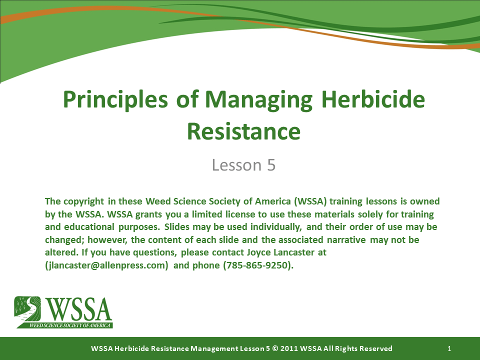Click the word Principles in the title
coord(115,99)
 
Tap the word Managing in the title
coord(258,99)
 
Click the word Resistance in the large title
coord(243,131)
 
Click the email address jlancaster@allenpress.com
coord(106,265)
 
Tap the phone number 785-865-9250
coord(257,265)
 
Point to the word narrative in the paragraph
coord(346,239)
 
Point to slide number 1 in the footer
coord(449,348)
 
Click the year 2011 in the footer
coord(289,348)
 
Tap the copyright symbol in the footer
coord(275,348)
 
